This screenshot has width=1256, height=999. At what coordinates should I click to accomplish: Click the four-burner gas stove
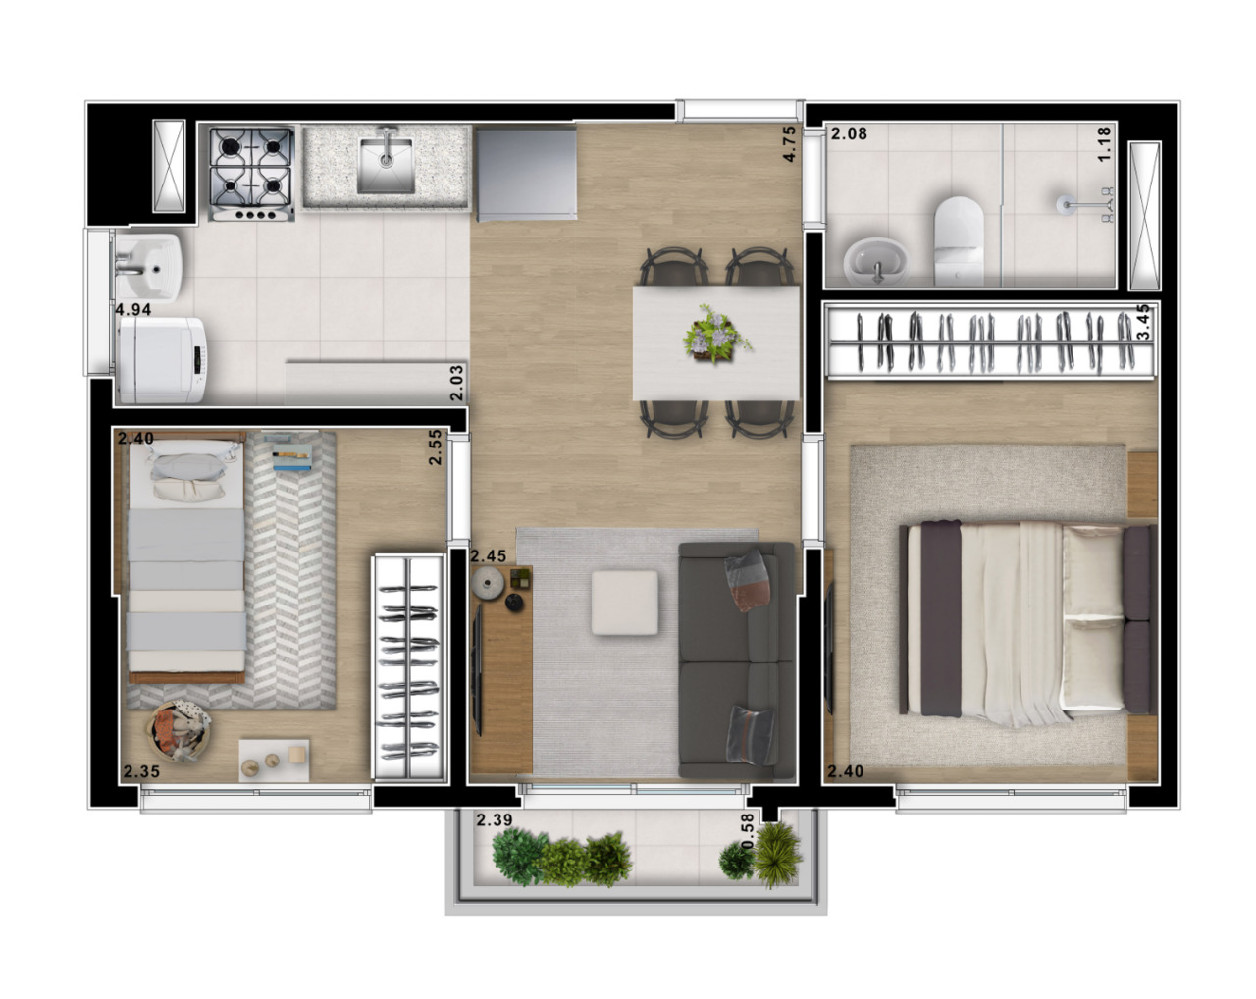[251, 173]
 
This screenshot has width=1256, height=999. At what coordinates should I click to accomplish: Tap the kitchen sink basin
[385, 165]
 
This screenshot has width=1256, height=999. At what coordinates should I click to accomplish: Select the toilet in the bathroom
[958, 239]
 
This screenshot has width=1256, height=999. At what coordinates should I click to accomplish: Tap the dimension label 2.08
[849, 133]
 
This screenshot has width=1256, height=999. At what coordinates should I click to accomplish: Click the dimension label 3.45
[1142, 322]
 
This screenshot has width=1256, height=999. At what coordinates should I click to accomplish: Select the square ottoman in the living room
[624, 604]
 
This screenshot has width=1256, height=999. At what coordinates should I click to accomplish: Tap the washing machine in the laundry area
[160, 359]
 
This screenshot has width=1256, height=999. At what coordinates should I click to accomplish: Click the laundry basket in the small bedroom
[180, 732]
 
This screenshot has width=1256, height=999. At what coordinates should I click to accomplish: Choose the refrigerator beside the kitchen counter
[525, 175]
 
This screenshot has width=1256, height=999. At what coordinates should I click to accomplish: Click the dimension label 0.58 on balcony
[748, 832]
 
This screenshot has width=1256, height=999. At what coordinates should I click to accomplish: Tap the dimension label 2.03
[455, 383]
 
